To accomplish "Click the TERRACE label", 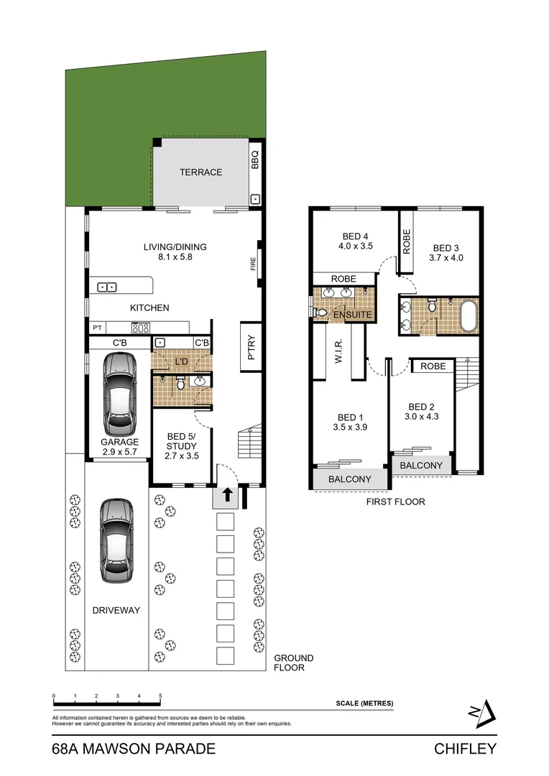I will coord(200,172).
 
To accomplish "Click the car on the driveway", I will coord(117,540).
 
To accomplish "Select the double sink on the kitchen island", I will coord(107,287).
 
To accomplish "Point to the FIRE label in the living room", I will coord(253,264).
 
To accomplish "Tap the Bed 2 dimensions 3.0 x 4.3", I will coord(421,417).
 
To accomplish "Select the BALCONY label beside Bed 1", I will coord(349,479).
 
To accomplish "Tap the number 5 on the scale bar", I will coord(160,696).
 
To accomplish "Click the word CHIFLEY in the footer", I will coord(465,749).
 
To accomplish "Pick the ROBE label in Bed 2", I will coord(433,366).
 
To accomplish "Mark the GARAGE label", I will coord(119,442).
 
